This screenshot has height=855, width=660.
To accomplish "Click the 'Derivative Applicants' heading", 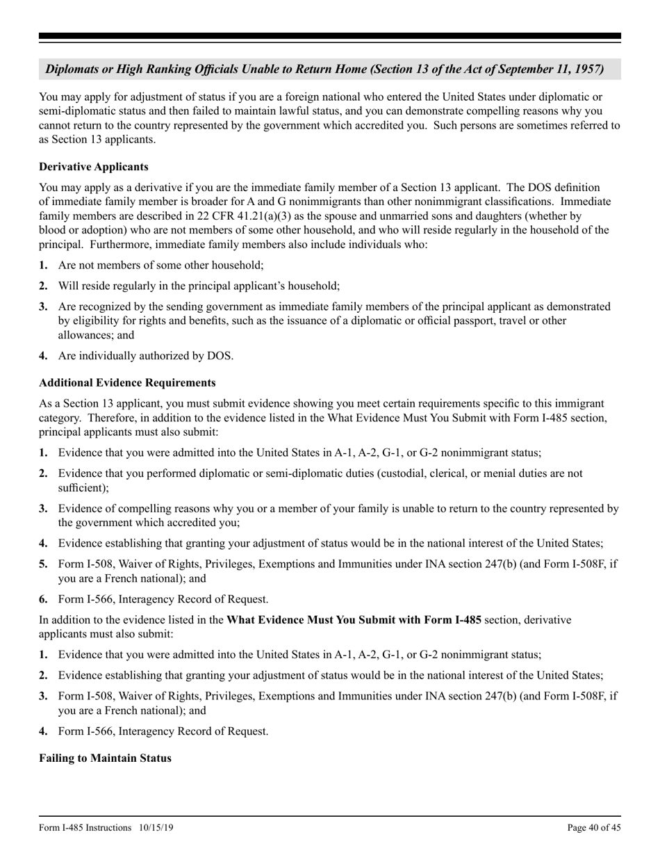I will (x=94, y=167).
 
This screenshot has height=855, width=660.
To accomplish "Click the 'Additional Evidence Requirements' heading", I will (x=127, y=383).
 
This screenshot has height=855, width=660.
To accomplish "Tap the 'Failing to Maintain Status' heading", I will (x=105, y=758).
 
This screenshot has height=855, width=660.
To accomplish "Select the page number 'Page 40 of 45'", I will (x=594, y=828).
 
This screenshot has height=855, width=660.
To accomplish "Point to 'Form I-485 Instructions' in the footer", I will (x=85, y=828).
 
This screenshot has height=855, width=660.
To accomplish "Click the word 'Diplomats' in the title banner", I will (x=72, y=70).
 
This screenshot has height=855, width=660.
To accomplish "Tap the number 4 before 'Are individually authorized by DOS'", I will (x=43, y=356).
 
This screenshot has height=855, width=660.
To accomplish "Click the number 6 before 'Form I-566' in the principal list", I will (x=43, y=599).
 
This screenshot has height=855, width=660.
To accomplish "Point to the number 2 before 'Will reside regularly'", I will (x=43, y=286).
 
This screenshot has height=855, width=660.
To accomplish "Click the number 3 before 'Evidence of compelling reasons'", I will (x=43, y=509).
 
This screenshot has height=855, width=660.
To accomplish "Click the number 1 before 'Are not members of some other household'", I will (x=43, y=265).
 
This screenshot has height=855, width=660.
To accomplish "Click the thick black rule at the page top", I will (x=330, y=36).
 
